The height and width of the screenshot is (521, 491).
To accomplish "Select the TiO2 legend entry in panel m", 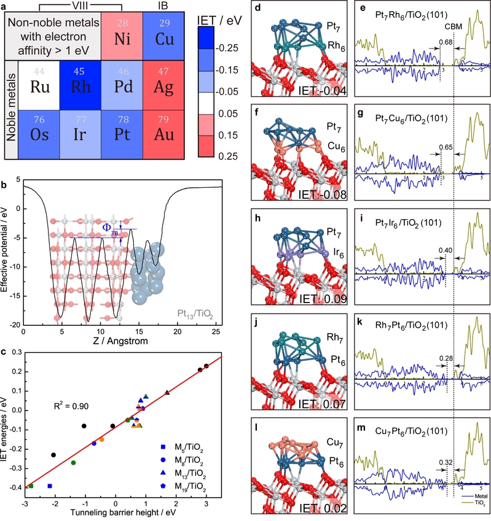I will point(471,508).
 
